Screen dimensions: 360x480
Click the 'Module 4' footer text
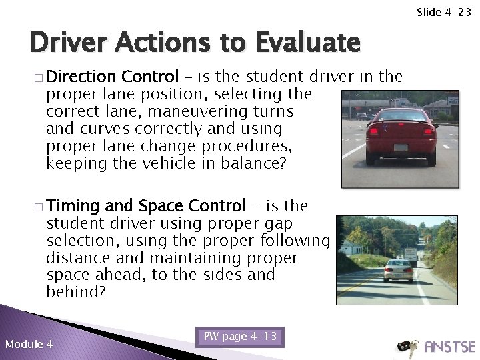pos(29,344)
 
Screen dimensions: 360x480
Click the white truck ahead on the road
pos(411,253)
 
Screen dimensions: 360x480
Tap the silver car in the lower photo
pos(398,270)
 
